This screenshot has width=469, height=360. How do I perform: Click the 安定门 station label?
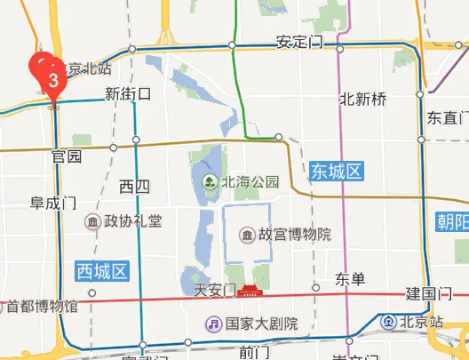pos(297,43)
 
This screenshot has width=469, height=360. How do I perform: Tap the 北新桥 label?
pos(362,100)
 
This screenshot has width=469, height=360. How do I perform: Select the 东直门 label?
pos(447,117)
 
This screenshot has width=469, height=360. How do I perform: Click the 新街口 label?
pos(128,93)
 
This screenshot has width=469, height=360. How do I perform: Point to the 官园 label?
pos(67,156)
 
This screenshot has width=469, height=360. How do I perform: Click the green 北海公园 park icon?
pos(211,182)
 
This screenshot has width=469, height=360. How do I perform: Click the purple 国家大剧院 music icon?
pos(213,324)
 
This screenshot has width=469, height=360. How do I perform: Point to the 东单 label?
pos(351,280)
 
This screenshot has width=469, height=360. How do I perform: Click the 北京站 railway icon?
pos(389,321)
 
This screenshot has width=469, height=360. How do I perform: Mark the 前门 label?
pos(254,352)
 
